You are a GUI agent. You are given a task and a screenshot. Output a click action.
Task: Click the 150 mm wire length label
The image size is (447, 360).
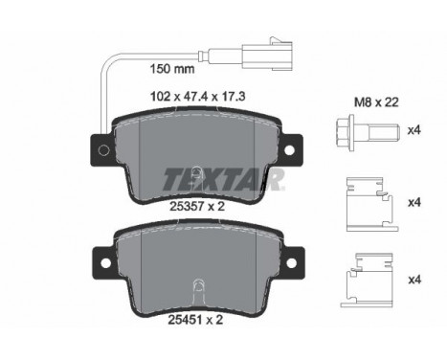click(172, 69)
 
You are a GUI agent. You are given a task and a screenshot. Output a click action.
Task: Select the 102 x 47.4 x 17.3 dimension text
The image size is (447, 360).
click(197, 96)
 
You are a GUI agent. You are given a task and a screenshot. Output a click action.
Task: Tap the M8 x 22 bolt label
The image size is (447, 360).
click(376, 102)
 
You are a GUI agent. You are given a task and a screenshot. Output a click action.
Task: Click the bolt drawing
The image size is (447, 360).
click(368, 133)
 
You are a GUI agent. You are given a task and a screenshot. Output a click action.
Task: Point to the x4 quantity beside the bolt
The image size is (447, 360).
click(414, 130)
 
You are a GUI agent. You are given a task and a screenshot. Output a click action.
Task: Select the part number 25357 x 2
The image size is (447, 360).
click(197, 207)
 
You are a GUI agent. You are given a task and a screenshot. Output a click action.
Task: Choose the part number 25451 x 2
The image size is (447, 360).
click(195, 320)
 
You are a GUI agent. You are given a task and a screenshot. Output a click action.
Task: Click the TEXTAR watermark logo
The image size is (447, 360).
click(223, 179)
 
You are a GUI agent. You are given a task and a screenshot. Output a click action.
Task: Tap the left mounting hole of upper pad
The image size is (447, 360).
click(103, 149)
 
